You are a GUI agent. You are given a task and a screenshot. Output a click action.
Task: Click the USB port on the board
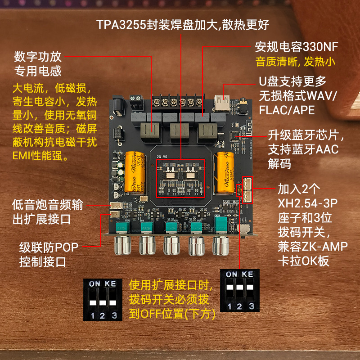click(222, 103)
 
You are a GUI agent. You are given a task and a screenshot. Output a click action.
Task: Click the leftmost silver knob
click(122, 246)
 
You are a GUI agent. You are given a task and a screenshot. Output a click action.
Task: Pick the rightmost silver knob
click(220, 246)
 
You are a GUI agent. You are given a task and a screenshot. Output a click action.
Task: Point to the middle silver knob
click(171, 246)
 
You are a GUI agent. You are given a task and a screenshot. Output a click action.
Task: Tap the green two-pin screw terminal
click(135, 105)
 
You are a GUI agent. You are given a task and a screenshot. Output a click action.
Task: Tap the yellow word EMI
click(24, 157)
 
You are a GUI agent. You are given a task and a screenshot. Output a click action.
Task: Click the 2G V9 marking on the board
click(162, 157)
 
